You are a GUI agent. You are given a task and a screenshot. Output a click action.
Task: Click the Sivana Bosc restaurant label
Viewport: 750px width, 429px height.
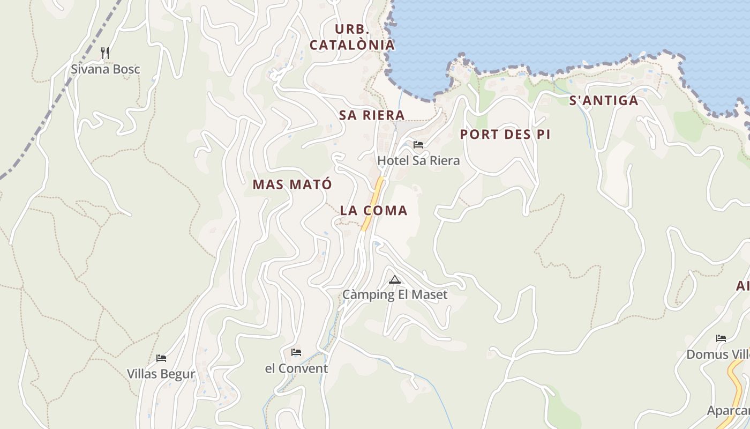[x=106, y=69]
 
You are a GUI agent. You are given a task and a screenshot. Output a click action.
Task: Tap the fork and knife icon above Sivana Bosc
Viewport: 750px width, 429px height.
[x=105, y=53]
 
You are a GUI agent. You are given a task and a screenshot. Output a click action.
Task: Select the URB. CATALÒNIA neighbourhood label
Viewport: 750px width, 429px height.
[x=352, y=37]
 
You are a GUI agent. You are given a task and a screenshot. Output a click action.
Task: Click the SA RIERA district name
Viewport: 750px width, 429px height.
[x=371, y=115]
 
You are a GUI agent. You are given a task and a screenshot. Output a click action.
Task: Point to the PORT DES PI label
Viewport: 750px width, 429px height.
[x=505, y=135]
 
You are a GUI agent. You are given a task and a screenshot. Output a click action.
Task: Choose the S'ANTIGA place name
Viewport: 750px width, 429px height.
[x=603, y=101]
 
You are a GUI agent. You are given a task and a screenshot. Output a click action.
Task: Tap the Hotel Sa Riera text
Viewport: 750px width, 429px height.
[x=418, y=160]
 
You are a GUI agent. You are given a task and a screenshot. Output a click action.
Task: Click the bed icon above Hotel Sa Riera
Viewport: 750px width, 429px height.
[x=418, y=145]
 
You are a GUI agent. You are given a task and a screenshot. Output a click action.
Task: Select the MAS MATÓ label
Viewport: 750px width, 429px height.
[x=292, y=184]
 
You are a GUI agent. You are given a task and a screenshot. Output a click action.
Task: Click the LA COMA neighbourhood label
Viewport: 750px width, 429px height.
[x=373, y=211]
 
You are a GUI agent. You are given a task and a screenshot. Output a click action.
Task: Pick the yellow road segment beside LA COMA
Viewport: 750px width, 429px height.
[x=373, y=204]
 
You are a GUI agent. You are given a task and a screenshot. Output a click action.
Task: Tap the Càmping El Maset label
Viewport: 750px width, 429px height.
[x=395, y=294]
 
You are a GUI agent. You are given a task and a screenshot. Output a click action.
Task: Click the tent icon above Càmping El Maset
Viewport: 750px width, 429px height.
[x=395, y=279]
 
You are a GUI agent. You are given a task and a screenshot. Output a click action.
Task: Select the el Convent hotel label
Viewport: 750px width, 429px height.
[x=296, y=368]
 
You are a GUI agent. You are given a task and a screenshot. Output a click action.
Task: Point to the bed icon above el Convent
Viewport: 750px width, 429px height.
[x=296, y=352]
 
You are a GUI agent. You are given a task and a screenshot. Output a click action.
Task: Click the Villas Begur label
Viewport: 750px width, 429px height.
[x=161, y=374]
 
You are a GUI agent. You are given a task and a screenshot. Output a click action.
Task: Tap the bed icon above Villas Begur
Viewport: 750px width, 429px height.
[x=161, y=358]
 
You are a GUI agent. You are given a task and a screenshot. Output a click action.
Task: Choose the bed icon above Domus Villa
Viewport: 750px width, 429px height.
[x=721, y=338]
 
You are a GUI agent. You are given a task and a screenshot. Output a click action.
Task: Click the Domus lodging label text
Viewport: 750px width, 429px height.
[x=718, y=354]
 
